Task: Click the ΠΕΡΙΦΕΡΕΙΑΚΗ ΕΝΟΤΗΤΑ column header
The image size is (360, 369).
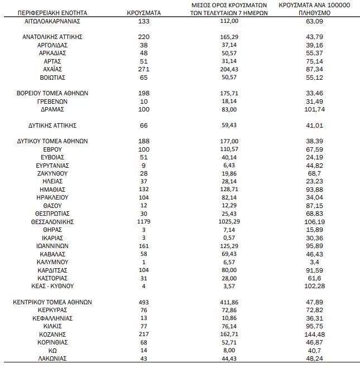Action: coord(51,11)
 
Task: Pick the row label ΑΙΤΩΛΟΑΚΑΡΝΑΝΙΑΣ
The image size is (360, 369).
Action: coord(52,21)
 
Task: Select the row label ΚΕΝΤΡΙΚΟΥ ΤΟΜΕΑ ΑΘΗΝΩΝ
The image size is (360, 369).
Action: coord(52,302)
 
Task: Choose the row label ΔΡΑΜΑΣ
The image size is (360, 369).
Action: coord(52,109)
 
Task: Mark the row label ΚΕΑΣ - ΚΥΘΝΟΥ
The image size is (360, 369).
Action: coord(52,286)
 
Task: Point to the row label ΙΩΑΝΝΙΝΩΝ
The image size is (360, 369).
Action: coord(52,245)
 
